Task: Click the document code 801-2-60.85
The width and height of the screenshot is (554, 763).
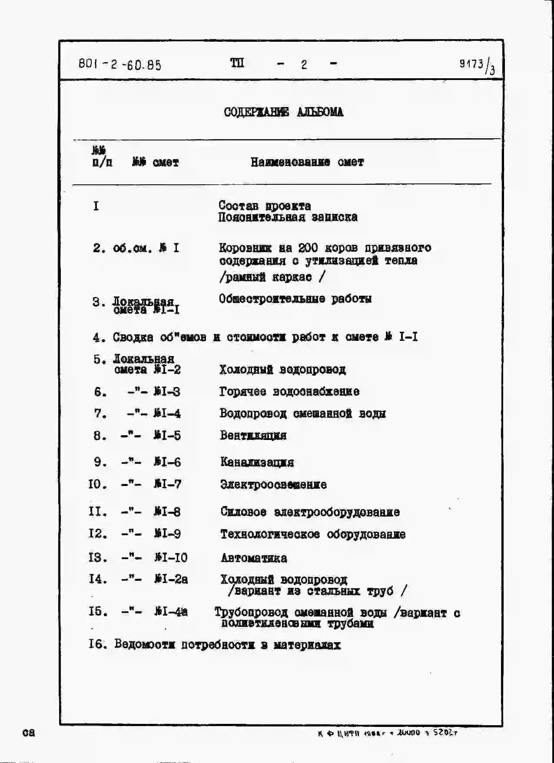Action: pyautogui.click(x=120, y=65)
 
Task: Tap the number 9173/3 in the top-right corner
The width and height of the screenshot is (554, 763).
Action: pyautogui.click(x=477, y=66)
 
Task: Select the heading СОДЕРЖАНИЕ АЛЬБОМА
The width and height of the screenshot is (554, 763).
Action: pyautogui.click(x=283, y=112)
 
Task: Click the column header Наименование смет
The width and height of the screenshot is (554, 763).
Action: pyautogui.click(x=307, y=162)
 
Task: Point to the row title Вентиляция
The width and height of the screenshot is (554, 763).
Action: pyautogui.click(x=253, y=435)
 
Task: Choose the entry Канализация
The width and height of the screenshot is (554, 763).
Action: pyautogui.click(x=257, y=462)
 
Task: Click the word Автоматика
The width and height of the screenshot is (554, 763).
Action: pyautogui.click(x=254, y=558)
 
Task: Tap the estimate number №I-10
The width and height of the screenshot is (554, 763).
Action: pyautogui.click(x=171, y=557)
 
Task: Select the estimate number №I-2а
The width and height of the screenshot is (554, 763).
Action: pyautogui.click(x=171, y=579)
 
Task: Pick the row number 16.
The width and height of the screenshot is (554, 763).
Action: pyautogui.click(x=97, y=644)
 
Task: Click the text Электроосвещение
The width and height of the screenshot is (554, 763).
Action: pyautogui.click(x=273, y=484)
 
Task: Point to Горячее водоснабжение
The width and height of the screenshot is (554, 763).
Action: pyautogui.click(x=289, y=392)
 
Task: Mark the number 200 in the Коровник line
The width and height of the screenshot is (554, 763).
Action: pyautogui.click(x=308, y=248)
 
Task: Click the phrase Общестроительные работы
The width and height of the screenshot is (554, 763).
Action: pyautogui.click(x=295, y=299)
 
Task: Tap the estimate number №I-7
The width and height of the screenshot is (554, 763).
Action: pyautogui.click(x=167, y=484)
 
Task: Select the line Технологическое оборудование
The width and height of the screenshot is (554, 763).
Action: pyautogui.click(x=313, y=534)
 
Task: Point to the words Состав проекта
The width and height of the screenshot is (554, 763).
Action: pyautogui.click(x=265, y=205)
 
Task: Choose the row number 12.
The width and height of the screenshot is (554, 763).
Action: pyautogui.click(x=97, y=533)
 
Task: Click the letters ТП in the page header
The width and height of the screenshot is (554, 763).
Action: pyautogui.click(x=237, y=63)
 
